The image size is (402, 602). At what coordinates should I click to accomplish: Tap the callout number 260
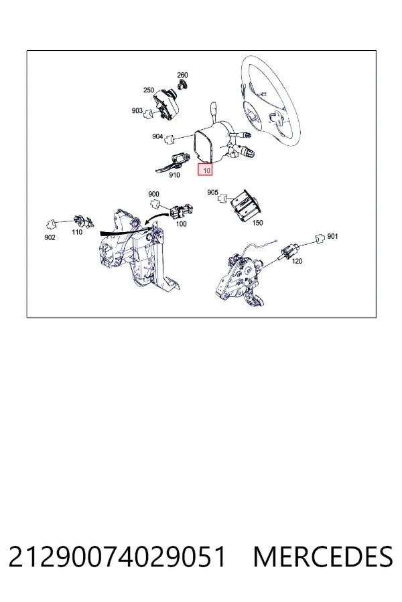182,75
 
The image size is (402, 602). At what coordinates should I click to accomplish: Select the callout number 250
149,90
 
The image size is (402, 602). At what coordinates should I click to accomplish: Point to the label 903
137,110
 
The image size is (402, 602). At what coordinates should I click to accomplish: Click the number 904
157,136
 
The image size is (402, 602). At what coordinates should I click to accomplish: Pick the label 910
174,175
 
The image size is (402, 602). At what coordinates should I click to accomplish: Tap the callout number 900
153,194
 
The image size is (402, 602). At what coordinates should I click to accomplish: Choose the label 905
213,193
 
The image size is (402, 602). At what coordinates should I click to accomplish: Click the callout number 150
257,223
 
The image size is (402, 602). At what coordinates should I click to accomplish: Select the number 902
50,237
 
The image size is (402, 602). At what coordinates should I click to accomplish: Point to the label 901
332,237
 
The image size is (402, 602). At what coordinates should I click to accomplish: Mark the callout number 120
297,261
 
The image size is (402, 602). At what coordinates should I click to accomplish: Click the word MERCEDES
323,557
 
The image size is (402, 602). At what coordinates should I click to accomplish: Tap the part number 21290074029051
117,557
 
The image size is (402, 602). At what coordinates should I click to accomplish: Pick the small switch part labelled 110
84,221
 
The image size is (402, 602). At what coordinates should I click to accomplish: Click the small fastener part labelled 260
183,85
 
